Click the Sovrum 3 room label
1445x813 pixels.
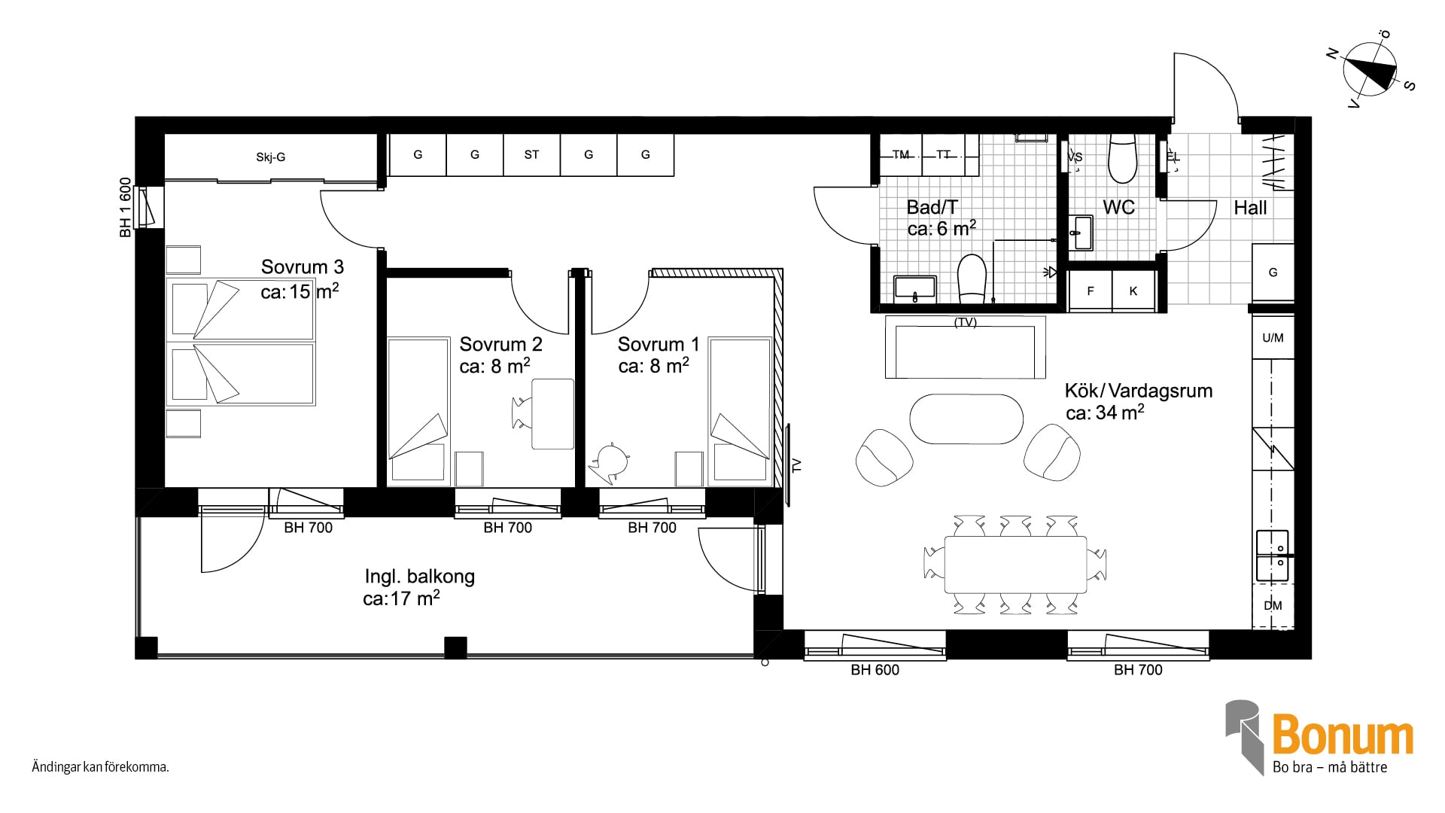point(303,267)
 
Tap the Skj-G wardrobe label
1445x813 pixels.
point(270,157)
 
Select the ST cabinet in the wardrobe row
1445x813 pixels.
point(531,155)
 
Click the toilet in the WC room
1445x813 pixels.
point(1122,159)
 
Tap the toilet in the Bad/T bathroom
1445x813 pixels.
point(972,278)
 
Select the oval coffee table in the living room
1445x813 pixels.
point(966,419)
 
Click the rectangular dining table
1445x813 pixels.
point(1015,565)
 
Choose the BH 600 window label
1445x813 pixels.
point(875,670)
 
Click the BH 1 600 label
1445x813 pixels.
point(125,208)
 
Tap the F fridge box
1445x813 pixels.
point(1090,291)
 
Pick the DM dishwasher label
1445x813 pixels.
point(1273,606)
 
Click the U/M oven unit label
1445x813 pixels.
point(1273,338)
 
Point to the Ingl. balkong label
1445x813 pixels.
point(419,577)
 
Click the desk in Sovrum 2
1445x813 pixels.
point(552,414)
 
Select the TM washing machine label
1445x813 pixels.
point(901,155)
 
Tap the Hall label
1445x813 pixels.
point(1250,209)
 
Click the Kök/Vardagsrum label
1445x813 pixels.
point(1139,391)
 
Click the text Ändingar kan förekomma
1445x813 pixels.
point(100,768)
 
